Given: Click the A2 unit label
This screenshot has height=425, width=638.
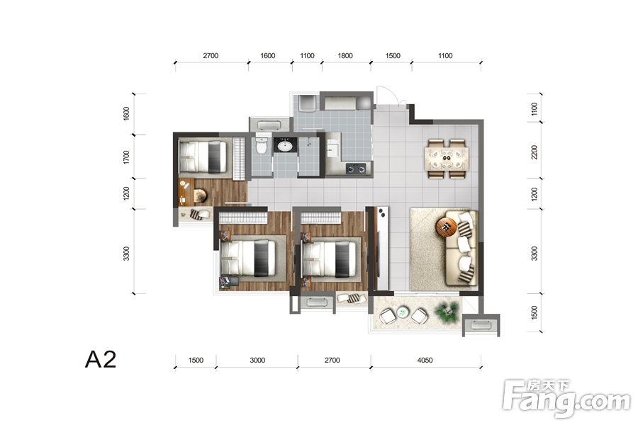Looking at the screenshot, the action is click(101, 359).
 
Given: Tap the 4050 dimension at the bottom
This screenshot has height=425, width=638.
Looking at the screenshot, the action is click(425, 361).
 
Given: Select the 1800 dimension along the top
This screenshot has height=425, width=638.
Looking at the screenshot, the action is click(345, 56).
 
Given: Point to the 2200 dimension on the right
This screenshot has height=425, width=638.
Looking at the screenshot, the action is click(535, 152).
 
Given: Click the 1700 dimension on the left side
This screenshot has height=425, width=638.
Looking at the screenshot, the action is click(126, 157).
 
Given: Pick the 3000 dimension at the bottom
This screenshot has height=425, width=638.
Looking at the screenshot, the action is click(257, 361).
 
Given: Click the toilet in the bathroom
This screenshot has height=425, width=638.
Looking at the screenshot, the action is click(261, 146).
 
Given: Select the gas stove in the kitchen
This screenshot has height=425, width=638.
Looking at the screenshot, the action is click(356, 169).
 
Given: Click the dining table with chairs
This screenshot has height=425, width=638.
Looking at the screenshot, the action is click(447, 159).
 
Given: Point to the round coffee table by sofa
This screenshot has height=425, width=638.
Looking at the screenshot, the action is click(446, 227).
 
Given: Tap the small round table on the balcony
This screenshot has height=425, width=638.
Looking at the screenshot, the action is click(403, 312).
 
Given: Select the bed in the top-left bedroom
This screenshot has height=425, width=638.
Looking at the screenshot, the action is click(203, 157).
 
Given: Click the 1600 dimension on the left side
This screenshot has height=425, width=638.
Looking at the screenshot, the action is click(126, 114).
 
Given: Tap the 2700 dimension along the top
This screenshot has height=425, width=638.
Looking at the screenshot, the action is click(211, 56).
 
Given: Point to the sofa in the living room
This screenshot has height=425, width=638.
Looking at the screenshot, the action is click(461, 248).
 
